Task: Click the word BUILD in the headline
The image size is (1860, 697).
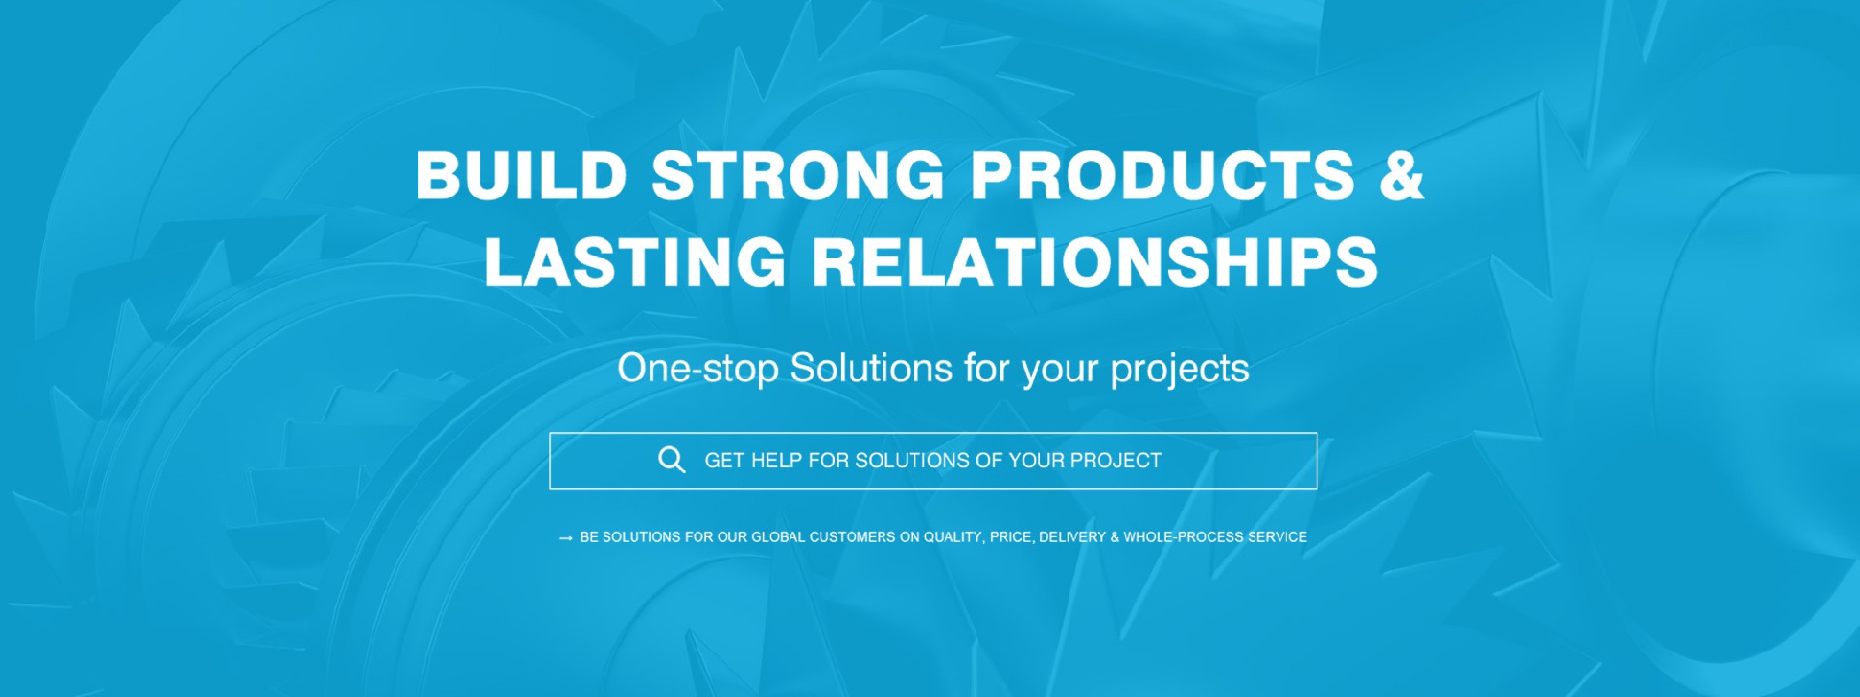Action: point(522,175)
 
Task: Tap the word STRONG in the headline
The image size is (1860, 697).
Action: point(798,175)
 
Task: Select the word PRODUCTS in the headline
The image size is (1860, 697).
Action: point(1162,175)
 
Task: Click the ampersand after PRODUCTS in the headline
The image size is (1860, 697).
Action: point(1402,175)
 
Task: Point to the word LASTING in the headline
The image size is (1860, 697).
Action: point(635,261)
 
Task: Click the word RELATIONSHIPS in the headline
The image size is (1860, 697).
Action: point(1095,261)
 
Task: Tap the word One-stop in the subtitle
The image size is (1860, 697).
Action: point(698,369)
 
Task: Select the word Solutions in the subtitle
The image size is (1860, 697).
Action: point(872,368)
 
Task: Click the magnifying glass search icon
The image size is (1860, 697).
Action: point(671,460)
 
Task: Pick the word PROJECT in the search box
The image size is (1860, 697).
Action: point(1115,460)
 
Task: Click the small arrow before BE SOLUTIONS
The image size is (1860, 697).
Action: point(566,538)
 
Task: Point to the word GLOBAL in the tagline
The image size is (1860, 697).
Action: point(778,537)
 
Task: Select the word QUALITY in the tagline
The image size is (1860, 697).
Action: point(954,537)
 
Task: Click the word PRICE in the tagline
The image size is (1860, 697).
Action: point(1010,537)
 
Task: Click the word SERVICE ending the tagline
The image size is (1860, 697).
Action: point(1277,537)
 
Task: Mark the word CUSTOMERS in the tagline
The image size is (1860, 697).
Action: point(852,537)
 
